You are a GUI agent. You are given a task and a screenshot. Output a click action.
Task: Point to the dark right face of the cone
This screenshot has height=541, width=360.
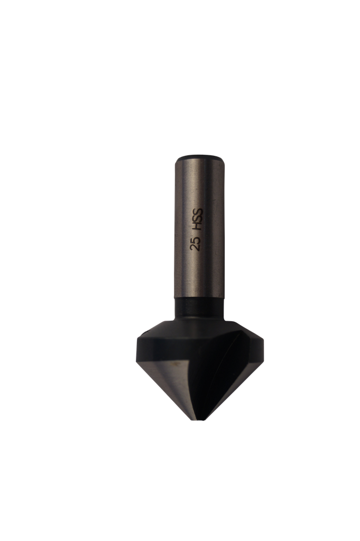point(233,375)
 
